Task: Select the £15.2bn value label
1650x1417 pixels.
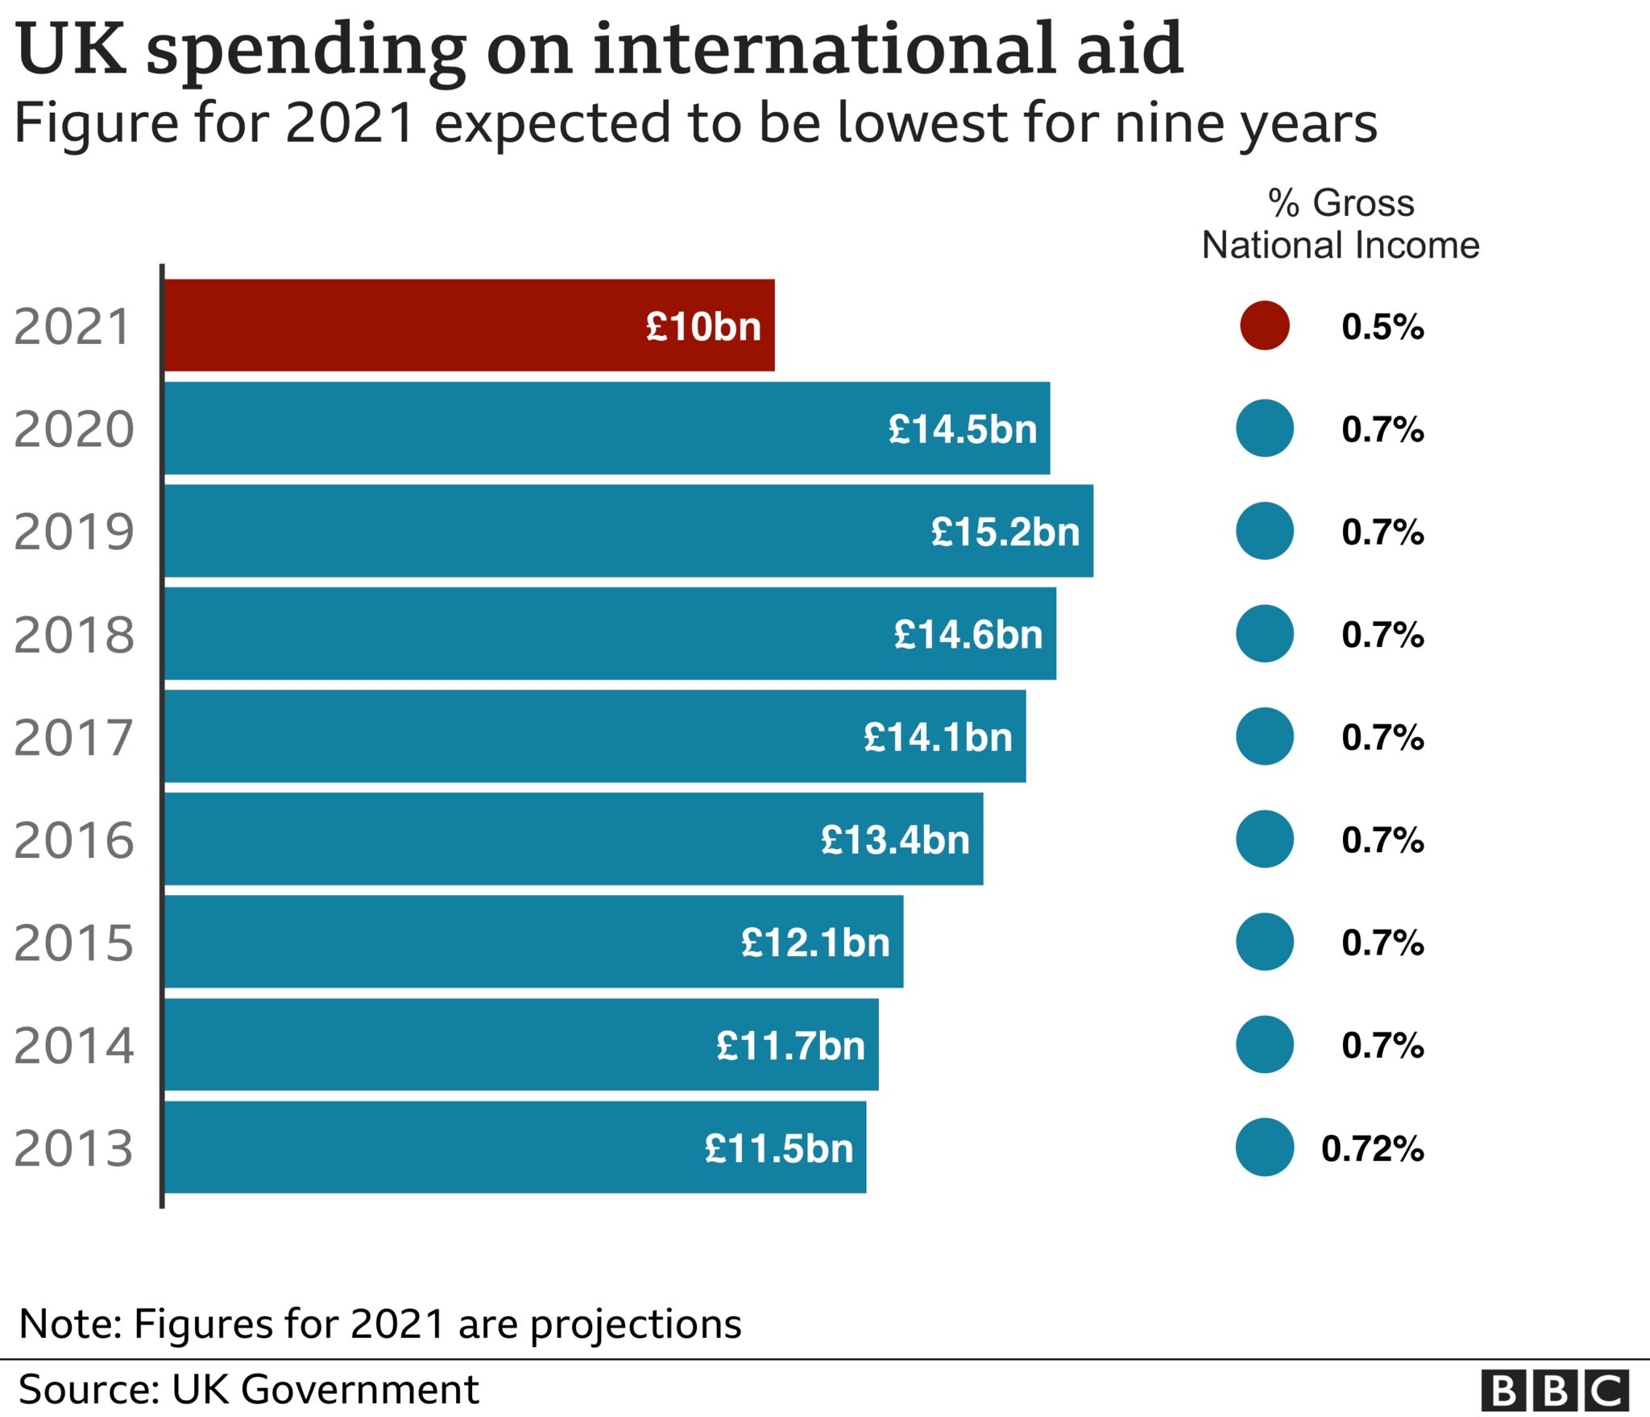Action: [1005, 532]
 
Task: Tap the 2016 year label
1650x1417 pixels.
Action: [73, 840]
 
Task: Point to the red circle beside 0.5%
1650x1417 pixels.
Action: [1264, 325]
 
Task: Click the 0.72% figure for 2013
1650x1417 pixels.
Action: [1372, 1149]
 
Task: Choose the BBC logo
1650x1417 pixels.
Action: [1554, 1390]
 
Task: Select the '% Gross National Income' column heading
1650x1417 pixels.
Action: [1341, 224]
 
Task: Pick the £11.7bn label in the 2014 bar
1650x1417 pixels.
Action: [790, 1046]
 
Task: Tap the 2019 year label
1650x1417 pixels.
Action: [73, 532]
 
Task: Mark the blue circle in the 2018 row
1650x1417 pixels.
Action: [1264, 634]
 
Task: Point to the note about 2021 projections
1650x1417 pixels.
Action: [379, 1324]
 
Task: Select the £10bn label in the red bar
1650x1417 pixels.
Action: [703, 326]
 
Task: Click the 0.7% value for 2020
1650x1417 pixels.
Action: [1383, 429]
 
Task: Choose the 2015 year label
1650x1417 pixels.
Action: [73, 943]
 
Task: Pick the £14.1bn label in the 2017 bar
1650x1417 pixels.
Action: [938, 737]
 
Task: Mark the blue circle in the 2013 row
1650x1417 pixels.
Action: [1264, 1147]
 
